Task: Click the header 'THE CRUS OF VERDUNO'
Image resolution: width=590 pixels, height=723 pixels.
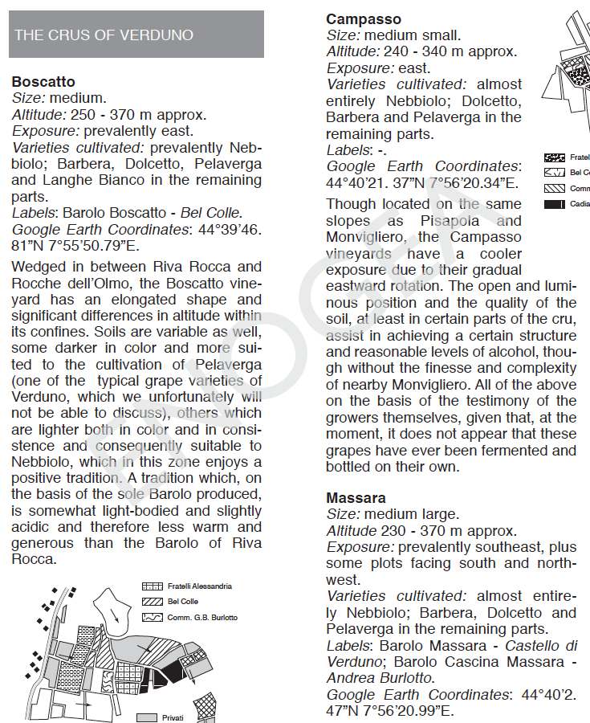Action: click(104, 35)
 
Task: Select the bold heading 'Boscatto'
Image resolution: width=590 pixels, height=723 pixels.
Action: click(43, 82)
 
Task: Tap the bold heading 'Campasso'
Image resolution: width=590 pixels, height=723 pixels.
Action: click(364, 18)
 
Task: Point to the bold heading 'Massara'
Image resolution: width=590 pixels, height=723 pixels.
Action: click(356, 498)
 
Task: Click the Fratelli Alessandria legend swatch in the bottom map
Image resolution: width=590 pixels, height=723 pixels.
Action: click(152, 586)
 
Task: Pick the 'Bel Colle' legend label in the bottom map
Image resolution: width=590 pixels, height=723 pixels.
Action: click(183, 602)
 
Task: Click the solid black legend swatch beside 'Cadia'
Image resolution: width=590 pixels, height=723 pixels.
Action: click(554, 204)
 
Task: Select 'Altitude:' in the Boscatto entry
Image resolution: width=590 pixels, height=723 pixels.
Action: click(38, 115)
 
